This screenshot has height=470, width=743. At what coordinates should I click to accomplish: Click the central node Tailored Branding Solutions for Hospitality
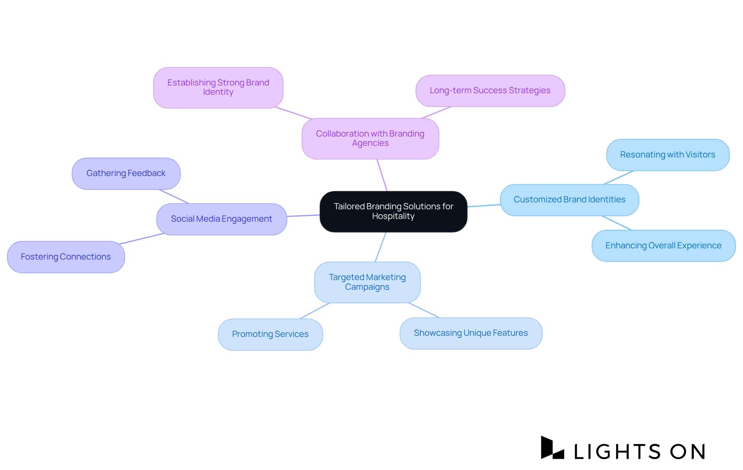393,211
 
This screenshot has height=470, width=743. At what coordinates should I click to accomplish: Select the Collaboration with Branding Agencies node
370,138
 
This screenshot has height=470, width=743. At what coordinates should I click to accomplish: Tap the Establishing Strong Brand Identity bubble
218,87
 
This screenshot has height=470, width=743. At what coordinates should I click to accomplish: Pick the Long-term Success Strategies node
490,91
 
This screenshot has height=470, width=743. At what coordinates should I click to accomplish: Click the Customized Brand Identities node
569,200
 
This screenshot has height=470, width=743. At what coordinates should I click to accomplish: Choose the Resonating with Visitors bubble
668,155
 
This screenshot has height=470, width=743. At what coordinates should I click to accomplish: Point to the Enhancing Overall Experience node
663,246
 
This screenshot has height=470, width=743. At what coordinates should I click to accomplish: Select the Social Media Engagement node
221,219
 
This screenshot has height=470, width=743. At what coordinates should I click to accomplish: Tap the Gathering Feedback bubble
126,173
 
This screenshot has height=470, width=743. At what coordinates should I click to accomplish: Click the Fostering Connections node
66,257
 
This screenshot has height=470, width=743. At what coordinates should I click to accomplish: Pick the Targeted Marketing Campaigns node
367,282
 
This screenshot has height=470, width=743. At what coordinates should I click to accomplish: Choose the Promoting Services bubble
270,334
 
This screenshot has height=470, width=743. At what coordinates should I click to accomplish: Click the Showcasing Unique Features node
471,333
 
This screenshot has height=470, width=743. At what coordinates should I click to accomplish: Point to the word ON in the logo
687,451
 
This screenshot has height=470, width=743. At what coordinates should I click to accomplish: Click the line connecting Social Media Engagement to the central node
303,215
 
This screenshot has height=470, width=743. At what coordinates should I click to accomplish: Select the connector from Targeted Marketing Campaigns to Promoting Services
314,311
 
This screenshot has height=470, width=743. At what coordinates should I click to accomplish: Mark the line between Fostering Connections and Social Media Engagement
141,239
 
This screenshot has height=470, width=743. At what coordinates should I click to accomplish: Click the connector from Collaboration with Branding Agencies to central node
382,175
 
